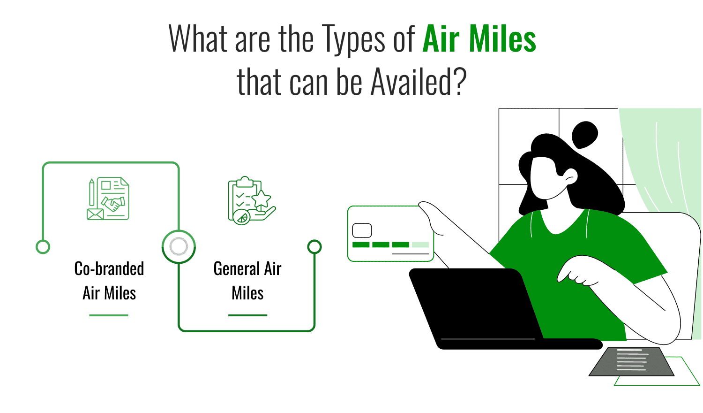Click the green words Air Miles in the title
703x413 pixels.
pyautogui.click(x=479, y=39)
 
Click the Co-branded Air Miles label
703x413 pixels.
pyautogui.click(x=109, y=281)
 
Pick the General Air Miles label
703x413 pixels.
pyautogui.click(x=247, y=281)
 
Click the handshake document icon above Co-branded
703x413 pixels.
pyautogui.click(x=108, y=199)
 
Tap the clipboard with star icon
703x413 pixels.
pyautogui.click(x=251, y=200)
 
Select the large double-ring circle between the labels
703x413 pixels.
pyautogui.click(x=179, y=246)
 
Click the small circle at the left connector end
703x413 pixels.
pyautogui.click(x=43, y=247)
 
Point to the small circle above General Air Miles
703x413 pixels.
pyautogui.click(x=314, y=246)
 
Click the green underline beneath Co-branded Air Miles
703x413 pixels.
pyautogui.click(x=109, y=315)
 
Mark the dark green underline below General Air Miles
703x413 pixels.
pyautogui.click(x=247, y=315)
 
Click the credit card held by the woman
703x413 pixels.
pyautogui.click(x=390, y=233)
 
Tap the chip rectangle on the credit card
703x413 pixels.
pyautogui.click(x=362, y=230)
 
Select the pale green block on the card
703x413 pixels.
pyautogui.click(x=420, y=245)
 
